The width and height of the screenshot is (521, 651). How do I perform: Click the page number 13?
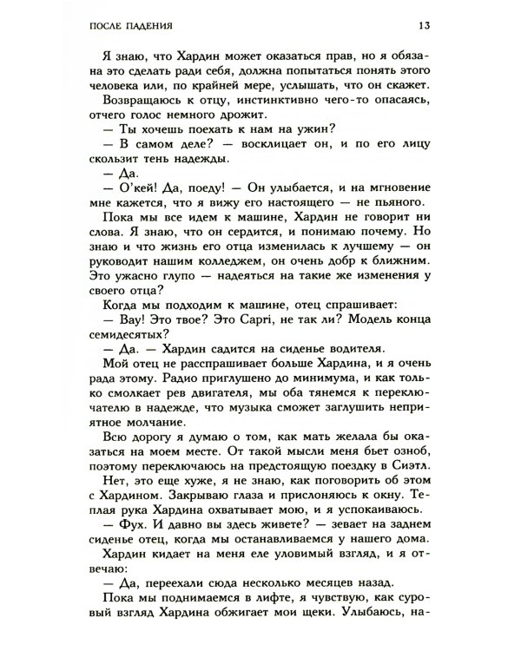pyautogui.click(x=441, y=23)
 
